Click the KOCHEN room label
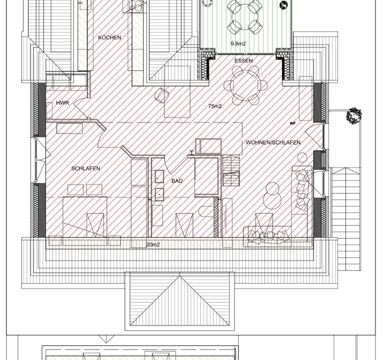click(109, 37)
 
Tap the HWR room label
click(62, 103)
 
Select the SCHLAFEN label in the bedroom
click(86, 168)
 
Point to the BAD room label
click(177, 180)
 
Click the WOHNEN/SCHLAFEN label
click(273, 142)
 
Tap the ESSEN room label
click(243, 60)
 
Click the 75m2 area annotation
click(215, 106)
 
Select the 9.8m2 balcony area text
click(238, 43)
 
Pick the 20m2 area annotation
click(153, 244)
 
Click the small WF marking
click(292, 123)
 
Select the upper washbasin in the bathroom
click(159, 176)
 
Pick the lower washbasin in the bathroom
click(159, 194)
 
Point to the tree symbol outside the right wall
click(353, 115)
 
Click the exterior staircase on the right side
click(345, 218)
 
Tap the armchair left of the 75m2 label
click(162, 95)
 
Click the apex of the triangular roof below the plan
click(180, 275)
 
